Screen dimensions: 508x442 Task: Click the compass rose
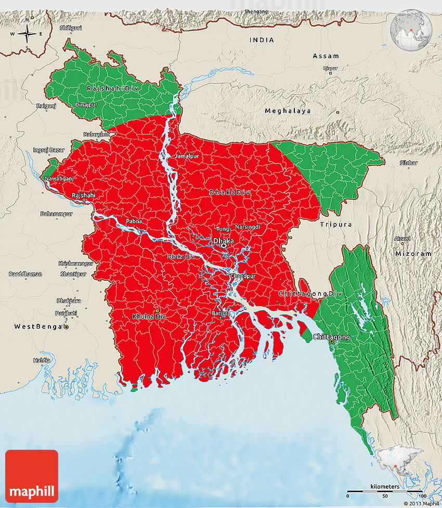tap(27, 34)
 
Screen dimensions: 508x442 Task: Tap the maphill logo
tap(32, 476)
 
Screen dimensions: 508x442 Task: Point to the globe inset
tap(412, 29)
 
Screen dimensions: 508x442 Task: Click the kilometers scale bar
tap(384, 490)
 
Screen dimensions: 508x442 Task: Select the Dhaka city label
tap(224, 241)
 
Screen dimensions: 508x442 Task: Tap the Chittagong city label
tap(331, 337)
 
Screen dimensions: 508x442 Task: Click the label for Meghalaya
tap(288, 111)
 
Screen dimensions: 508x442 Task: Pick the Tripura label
tap(336, 224)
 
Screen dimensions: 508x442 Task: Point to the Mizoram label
tap(413, 254)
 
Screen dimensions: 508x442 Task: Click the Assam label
tap(326, 56)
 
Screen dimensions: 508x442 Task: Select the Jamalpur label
tap(187, 156)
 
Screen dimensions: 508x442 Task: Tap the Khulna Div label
tap(149, 316)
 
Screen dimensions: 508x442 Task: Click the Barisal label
tap(220, 313)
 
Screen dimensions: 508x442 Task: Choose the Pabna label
tap(134, 221)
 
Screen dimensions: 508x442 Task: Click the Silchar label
tap(408, 163)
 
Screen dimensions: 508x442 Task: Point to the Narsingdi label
tap(248, 227)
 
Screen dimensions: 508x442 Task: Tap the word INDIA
tap(262, 40)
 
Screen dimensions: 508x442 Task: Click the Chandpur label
tap(243, 276)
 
